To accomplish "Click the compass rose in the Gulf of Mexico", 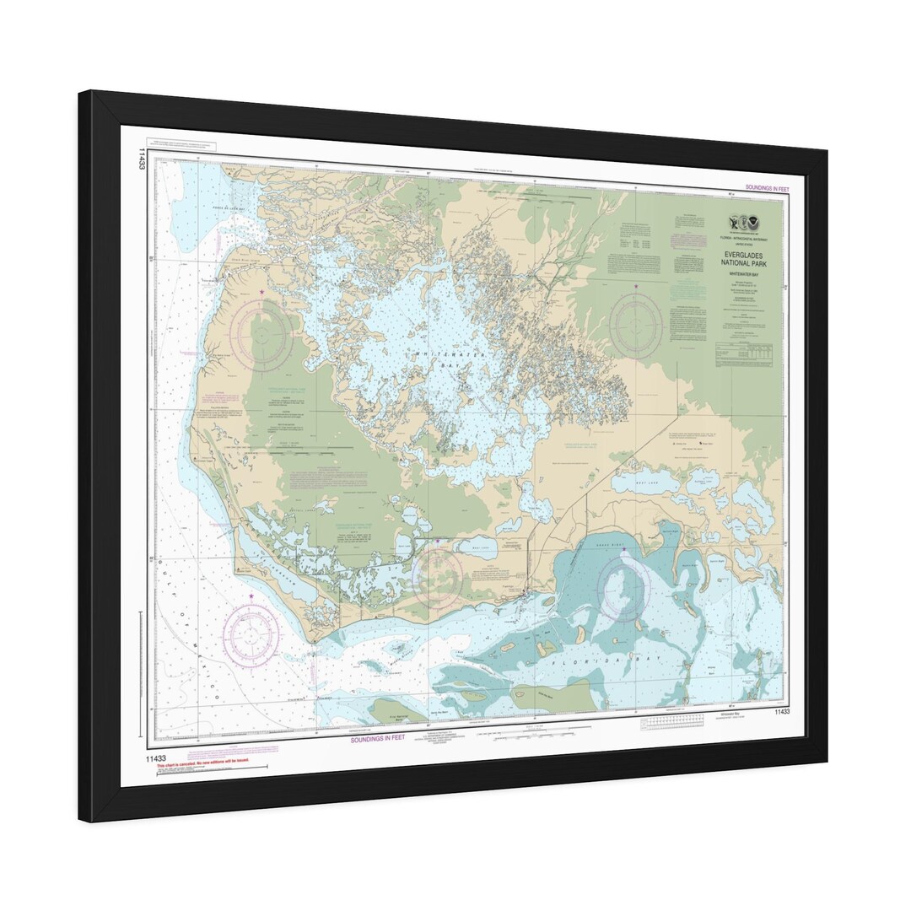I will coord(252,633).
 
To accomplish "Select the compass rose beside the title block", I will coord(636,326).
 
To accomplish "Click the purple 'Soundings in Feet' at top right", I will coord(767,187).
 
